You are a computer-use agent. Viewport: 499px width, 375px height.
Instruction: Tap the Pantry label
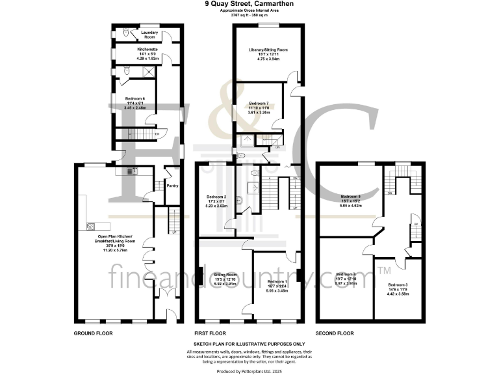pos(172,186)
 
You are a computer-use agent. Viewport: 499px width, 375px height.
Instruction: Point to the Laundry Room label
pos(141,31)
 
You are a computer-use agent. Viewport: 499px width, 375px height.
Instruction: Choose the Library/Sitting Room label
pos(267,49)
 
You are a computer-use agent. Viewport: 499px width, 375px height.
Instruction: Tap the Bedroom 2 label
pos(216,197)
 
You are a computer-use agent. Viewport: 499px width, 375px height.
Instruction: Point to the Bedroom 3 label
pos(398,285)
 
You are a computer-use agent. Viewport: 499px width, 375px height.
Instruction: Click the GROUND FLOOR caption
pos(94,333)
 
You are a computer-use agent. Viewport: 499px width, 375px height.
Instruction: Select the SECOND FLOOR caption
pos(335,333)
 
